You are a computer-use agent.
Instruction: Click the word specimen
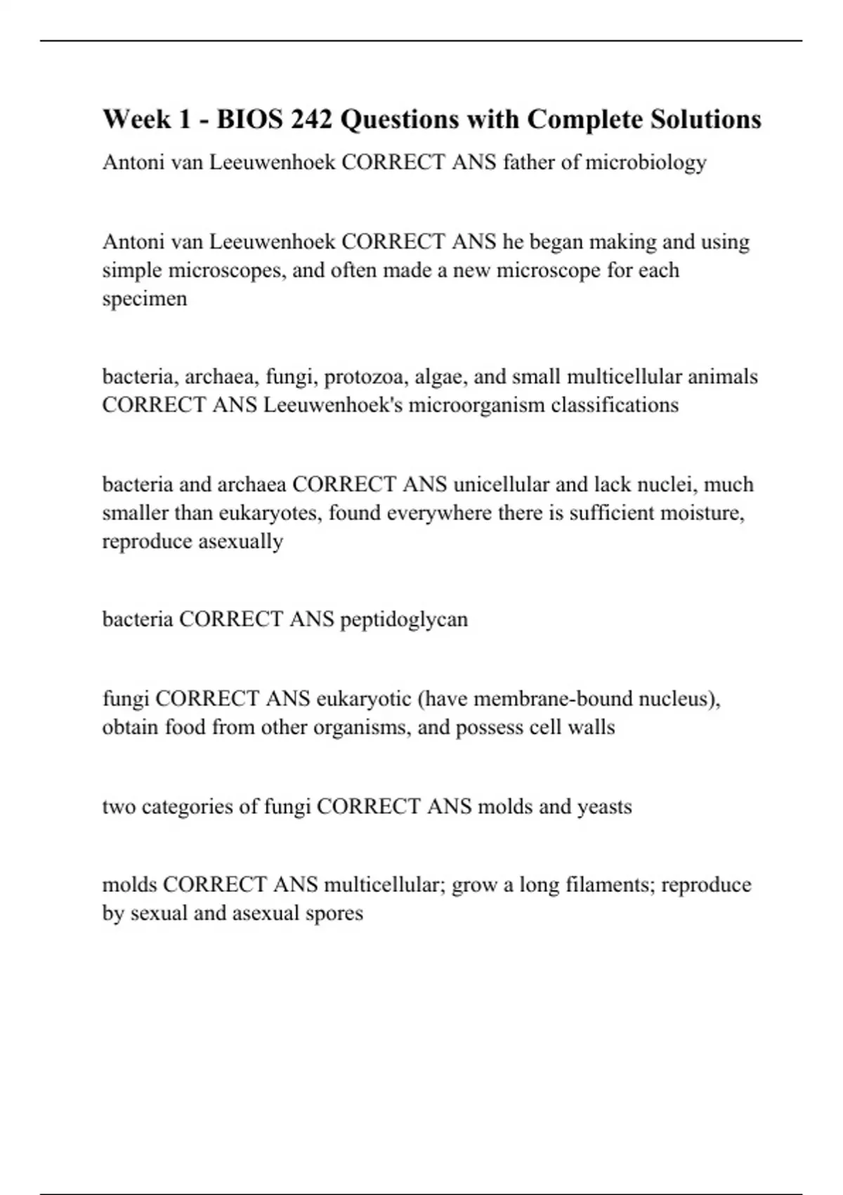[145, 299]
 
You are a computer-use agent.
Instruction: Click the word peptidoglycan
[404, 619]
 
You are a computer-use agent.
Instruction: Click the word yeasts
[603, 806]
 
